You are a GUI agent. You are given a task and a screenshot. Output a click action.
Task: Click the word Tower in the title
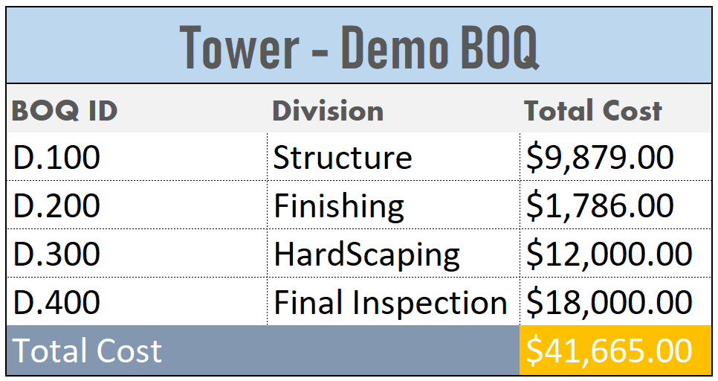pos(239,47)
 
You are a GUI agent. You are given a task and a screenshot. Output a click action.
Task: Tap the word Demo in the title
pos(395,47)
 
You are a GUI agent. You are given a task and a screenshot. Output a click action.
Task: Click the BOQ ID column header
pos(65,111)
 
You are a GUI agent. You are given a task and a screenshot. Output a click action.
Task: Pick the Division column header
pos(328,111)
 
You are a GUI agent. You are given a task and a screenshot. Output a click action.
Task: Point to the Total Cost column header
pos(593,110)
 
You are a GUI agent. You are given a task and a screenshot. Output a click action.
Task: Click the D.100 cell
pos(56,157)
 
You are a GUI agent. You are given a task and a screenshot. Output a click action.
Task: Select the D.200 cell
pos(56,205)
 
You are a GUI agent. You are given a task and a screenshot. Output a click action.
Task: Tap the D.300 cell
pos(56,254)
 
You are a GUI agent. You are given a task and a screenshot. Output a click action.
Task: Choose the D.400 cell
pos(56,302)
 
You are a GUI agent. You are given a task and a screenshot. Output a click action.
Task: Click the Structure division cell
pos(343,157)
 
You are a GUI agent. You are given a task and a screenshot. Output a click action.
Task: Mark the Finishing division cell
pos(339,207)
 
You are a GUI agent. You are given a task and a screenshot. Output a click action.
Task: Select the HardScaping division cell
pos(366,255)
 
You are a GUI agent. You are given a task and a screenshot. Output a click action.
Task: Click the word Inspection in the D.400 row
pos(430,304)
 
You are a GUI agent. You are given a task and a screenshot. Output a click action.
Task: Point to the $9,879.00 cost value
pos(600,158)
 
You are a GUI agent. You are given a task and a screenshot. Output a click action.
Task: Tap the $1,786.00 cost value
pos(600,206)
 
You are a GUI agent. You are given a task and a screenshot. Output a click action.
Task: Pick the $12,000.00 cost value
pos(609,254)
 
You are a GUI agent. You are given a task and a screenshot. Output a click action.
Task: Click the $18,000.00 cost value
pos(609,303)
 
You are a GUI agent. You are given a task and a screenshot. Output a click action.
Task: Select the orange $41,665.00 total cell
pos(615,350)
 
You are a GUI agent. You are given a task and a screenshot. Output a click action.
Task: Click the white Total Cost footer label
pos(87,350)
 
